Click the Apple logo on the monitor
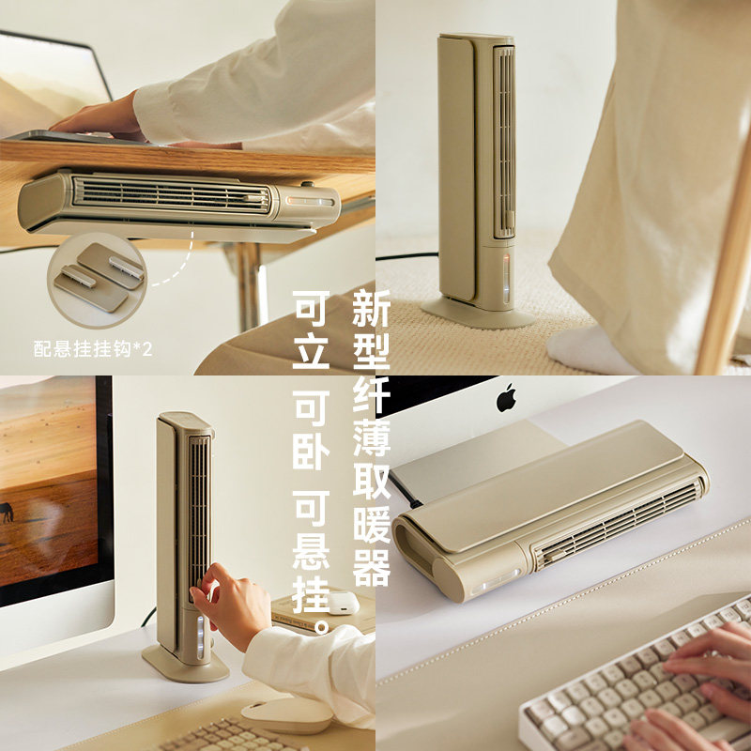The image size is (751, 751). (507, 397)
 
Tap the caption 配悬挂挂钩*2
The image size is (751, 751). (92, 349)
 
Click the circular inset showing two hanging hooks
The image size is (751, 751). (97, 273)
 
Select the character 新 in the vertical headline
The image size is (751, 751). (371, 309)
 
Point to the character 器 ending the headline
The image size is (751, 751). (371, 568)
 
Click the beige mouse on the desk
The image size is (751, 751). (286, 713)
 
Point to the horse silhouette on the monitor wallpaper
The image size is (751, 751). (8, 512)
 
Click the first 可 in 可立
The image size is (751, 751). (312, 309)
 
